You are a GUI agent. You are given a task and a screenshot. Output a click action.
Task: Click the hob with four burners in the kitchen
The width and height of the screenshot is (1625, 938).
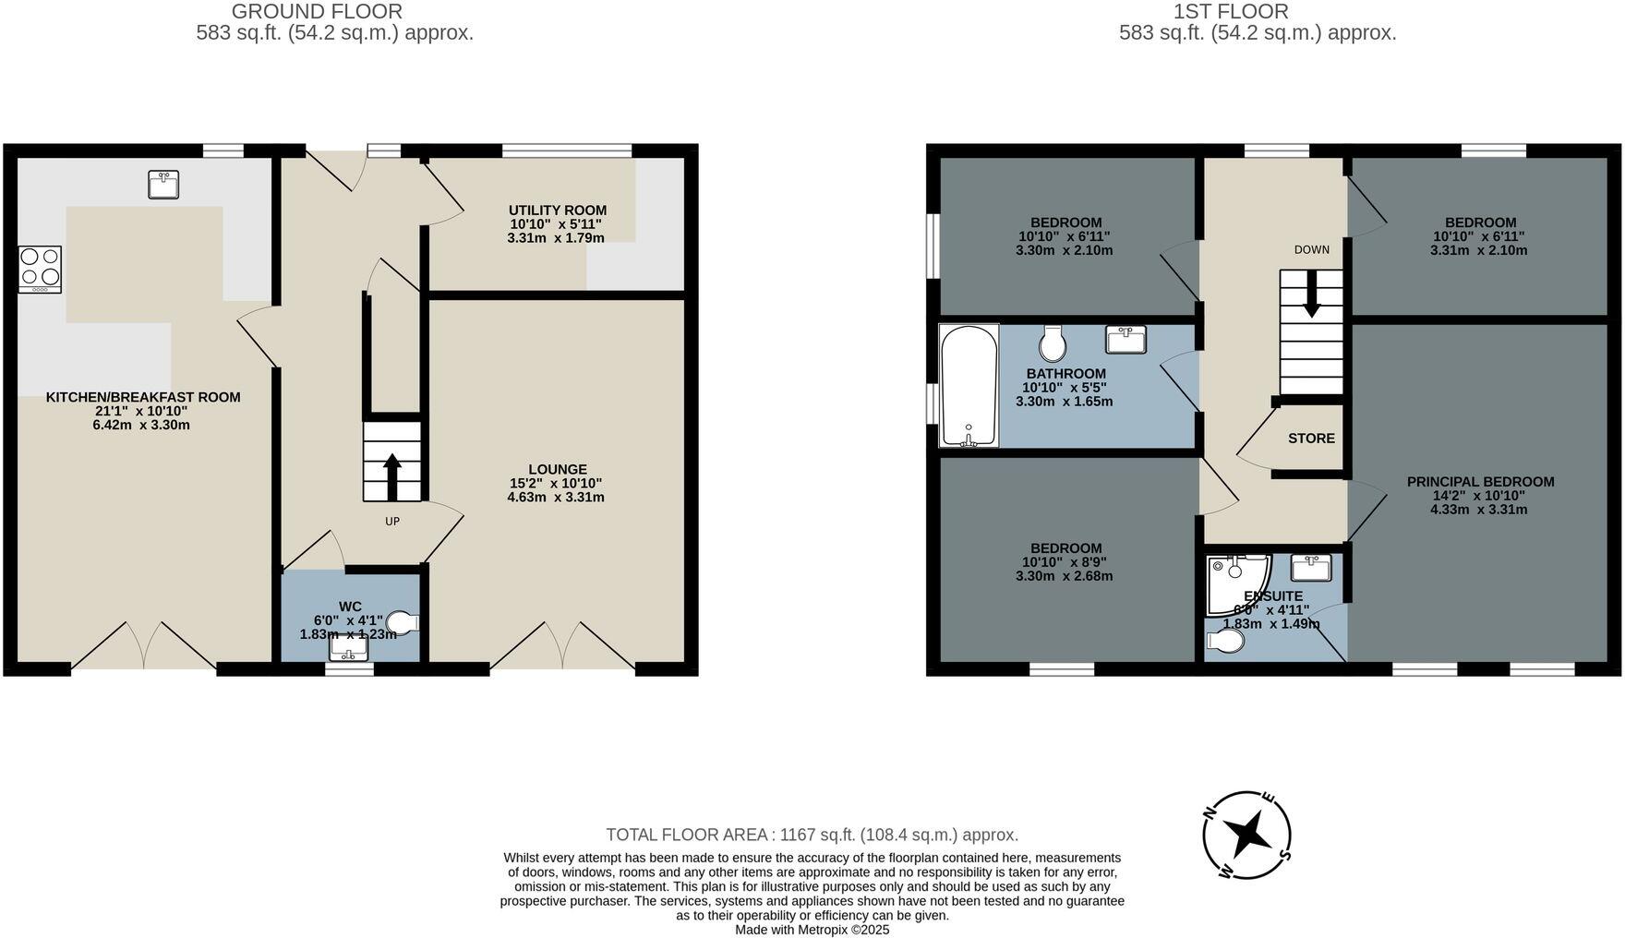tap(40, 269)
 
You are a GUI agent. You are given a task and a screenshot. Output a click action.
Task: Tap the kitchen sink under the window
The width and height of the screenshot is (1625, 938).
tap(163, 185)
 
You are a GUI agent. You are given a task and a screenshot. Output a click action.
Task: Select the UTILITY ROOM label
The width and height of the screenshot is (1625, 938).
tap(557, 210)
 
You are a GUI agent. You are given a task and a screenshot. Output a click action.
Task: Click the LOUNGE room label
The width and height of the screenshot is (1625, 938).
tap(557, 469)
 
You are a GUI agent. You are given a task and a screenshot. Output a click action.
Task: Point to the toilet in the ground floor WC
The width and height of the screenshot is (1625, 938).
tap(403, 622)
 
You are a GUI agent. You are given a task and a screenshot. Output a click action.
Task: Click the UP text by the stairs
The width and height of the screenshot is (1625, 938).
tap(392, 522)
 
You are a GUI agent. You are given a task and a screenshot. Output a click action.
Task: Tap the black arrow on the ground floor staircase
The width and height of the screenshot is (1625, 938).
tap(391, 475)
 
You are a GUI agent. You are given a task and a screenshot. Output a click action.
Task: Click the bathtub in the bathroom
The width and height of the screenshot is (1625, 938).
tap(969, 386)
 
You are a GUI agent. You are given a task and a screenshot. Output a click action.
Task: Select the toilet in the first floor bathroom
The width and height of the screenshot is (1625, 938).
tap(1053, 343)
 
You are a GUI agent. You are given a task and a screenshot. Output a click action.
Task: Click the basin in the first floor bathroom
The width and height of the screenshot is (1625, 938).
tap(1125, 339)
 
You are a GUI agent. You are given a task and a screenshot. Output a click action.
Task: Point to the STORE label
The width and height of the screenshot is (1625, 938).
tap(1311, 439)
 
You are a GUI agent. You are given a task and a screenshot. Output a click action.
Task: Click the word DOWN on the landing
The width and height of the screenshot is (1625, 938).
tap(1311, 250)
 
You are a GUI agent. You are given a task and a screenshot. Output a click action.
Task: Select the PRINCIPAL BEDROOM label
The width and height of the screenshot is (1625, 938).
tap(1480, 482)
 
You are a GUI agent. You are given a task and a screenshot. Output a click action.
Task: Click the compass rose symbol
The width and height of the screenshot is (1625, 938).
tap(1246, 836)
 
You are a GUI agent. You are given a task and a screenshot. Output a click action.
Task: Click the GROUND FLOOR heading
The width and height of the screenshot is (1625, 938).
tap(317, 12)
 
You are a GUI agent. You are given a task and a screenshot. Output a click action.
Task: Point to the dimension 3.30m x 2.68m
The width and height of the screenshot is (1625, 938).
tap(1064, 576)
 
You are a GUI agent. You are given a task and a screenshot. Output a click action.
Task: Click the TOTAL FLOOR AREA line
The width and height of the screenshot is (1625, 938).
tap(812, 836)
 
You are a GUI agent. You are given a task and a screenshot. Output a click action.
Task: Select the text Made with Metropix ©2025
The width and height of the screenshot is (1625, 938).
tap(812, 930)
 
